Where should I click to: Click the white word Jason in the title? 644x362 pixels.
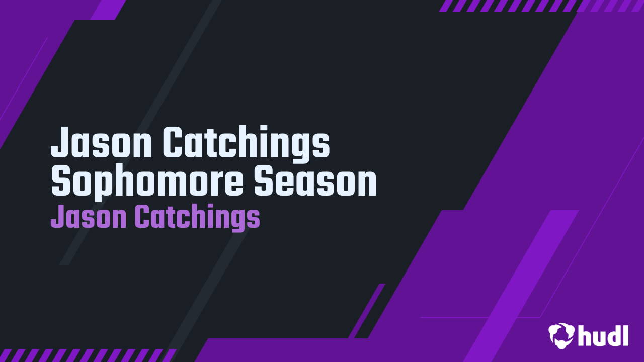[101, 142]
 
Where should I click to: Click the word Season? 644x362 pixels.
[315, 182]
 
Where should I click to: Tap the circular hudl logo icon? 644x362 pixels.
[561, 335]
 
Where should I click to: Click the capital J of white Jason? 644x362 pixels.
[61, 142]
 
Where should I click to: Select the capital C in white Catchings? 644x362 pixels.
[174, 142]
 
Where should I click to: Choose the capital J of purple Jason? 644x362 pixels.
[58, 216]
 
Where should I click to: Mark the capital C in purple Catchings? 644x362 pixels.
[143, 216]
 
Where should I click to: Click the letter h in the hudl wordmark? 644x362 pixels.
[585, 335]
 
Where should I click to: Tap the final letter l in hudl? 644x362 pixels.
[625, 335]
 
